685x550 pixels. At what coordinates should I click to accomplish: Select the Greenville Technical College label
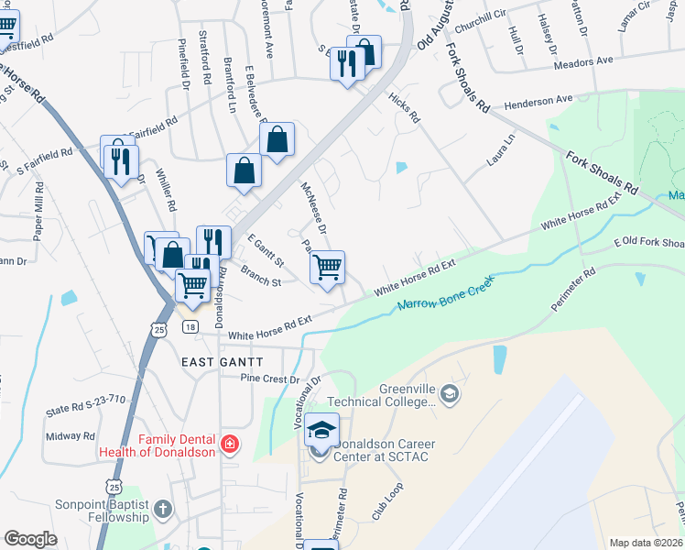[x=408, y=395]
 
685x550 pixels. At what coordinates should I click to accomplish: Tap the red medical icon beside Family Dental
[x=230, y=445]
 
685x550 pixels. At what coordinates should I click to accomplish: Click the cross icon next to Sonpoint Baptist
[x=163, y=509]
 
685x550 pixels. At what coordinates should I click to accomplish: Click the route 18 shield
[x=190, y=327]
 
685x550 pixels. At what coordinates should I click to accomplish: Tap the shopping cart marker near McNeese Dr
[x=327, y=269]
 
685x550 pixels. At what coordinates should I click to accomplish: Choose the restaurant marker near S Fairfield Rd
[x=121, y=163]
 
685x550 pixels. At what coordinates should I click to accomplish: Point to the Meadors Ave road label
[x=583, y=61]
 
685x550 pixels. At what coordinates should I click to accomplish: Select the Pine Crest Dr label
[x=270, y=379]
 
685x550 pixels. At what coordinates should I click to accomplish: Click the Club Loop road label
[x=387, y=501]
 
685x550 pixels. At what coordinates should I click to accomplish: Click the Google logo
[x=31, y=539]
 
